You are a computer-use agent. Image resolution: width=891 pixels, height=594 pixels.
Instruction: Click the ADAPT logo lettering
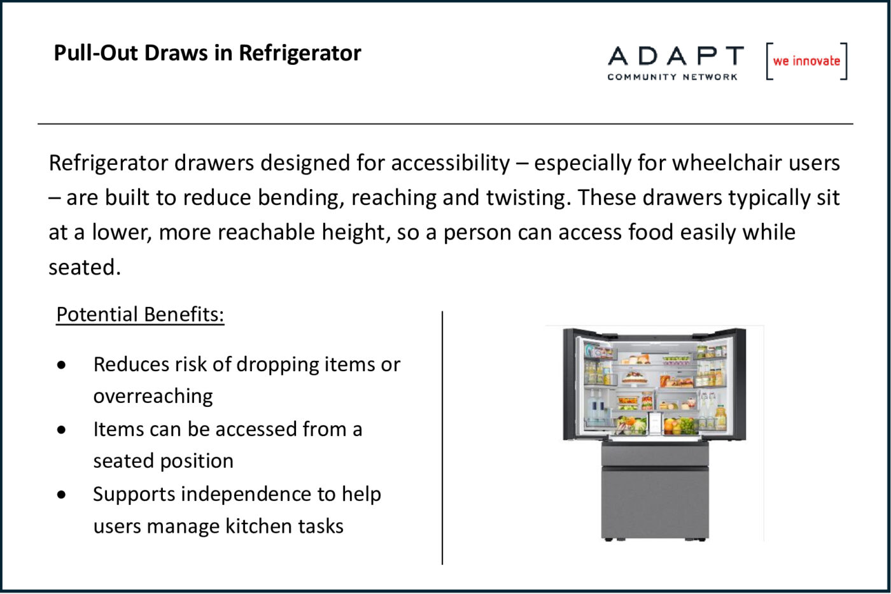[x=675, y=55]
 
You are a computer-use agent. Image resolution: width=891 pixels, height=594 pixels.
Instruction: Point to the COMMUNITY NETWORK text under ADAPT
[x=672, y=77]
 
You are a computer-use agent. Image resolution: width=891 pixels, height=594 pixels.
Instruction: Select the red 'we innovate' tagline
[x=806, y=61]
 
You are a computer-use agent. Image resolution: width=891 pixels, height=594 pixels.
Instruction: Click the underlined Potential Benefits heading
[x=140, y=315]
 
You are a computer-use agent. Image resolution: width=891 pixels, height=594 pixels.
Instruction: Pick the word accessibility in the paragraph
[x=451, y=163]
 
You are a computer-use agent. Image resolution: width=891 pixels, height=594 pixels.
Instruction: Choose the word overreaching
[x=153, y=396]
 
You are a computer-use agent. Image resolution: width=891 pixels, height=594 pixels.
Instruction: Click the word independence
[x=247, y=494]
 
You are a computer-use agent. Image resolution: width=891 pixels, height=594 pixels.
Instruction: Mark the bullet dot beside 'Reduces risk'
[x=61, y=365]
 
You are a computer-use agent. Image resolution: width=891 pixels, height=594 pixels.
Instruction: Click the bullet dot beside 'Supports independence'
[x=61, y=495]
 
